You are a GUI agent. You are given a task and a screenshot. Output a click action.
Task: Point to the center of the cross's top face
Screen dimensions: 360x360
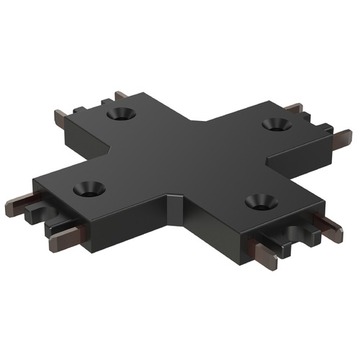(x=180, y=158)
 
